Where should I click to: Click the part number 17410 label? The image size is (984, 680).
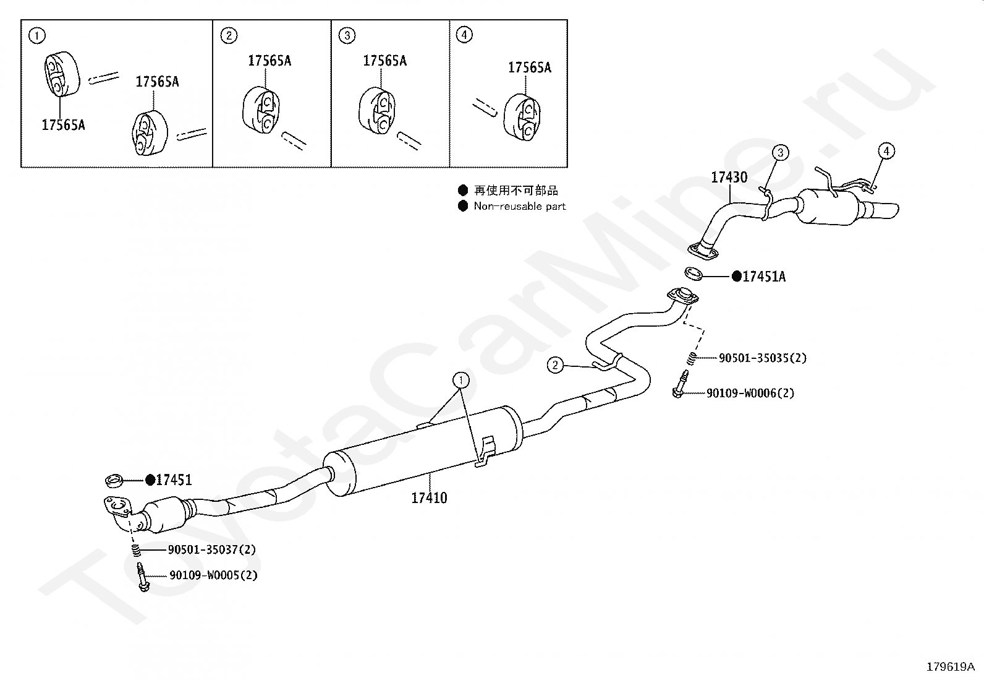(429, 497)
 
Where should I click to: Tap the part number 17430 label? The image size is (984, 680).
(729, 178)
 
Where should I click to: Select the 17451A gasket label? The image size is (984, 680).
(763, 277)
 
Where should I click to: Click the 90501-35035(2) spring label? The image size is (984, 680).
(762, 358)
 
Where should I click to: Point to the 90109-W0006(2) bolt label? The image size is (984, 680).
(750, 393)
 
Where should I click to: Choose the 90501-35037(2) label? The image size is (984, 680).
(211, 549)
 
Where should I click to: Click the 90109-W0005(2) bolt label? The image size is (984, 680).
(213, 575)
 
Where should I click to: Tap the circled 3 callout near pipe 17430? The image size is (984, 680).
(780, 152)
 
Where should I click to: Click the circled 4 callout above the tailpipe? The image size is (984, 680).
(886, 151)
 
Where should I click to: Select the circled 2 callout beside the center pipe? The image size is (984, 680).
(555, 366)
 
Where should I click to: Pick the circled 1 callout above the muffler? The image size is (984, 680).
(460, 379)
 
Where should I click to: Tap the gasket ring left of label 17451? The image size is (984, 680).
(114, 479)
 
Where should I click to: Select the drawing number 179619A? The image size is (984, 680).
(950, 666)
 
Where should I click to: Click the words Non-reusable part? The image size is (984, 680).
(519, 206)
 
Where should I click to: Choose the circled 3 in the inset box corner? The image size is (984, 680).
(347, 35)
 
